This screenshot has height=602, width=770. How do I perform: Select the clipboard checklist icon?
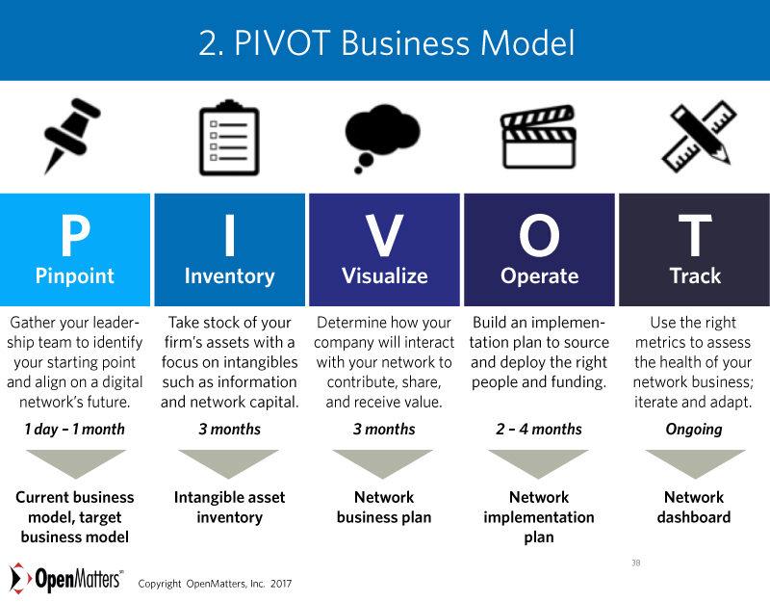(x=229, y=138)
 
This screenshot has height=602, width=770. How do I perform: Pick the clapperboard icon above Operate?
(x=538, y=137)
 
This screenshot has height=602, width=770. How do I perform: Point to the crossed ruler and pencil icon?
(x=699, y=136)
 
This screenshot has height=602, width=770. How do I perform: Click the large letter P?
(x=75, y=236)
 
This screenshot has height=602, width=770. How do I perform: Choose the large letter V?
(x=384, y=236)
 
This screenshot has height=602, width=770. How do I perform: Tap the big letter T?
(x=695, y=236)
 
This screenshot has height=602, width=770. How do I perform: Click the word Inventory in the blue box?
(x=229, y=276)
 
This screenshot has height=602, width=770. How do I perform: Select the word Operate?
(x=539, y=276)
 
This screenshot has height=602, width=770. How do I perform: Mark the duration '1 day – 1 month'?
(x=75, y=429)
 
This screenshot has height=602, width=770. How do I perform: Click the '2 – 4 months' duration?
(x=539, y=429)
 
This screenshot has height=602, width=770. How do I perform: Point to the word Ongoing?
(x=694, y=430)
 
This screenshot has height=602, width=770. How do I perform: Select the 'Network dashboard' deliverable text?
(x=694, y=508)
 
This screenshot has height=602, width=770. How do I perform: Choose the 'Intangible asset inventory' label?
(x=229, y=508)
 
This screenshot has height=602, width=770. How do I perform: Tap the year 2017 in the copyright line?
(x=281, y=584)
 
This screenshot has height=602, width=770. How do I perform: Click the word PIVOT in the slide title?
(x=281, y=42)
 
